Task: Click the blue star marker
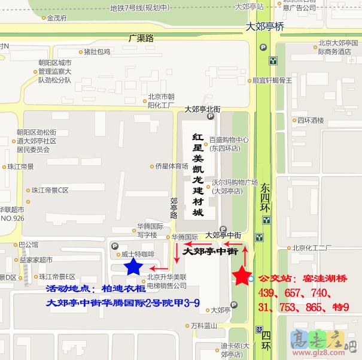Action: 133,267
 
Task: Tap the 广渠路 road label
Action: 141,38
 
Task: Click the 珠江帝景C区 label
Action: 50,190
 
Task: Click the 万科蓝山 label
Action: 203,326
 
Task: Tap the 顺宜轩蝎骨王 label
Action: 272,80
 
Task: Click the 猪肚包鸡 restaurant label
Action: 97,52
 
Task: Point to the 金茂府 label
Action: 57,18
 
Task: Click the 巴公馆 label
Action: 29,244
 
